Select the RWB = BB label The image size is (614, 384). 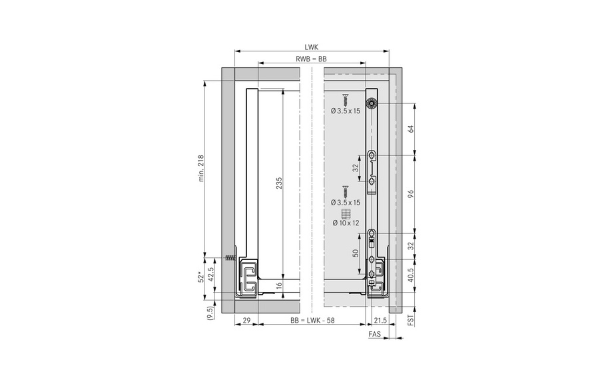[x=311, y=59]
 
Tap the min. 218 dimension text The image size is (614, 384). [x=201, y=169]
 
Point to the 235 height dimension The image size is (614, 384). [x=279, y=183]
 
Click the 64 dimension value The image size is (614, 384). [x=411, y=129]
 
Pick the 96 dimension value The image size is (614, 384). [x=411, y=193]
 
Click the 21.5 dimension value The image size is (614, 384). [x=380, y=320]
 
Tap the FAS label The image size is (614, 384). [x=375, y=334]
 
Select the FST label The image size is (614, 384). [x=411, y=319]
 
